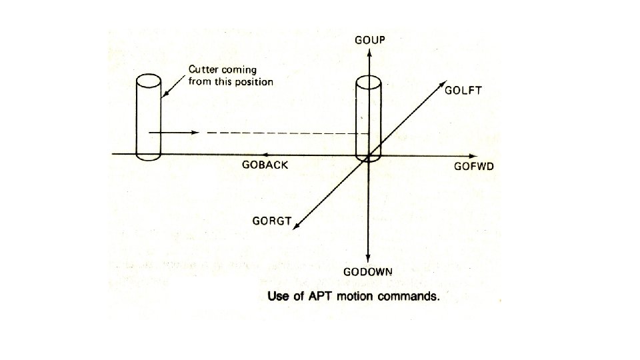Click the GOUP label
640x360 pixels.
[369, 41]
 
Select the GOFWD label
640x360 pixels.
[473, 166]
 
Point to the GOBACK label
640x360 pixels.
[266, 165]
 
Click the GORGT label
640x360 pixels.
[271, 221]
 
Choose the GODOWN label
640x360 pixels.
[368, 272]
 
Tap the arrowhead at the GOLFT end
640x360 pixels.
[443, 85]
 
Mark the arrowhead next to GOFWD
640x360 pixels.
[475, 154]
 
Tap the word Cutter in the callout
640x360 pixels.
[204, 69]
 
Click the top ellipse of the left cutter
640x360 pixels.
[148, 81]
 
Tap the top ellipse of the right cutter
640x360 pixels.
[367, 82]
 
